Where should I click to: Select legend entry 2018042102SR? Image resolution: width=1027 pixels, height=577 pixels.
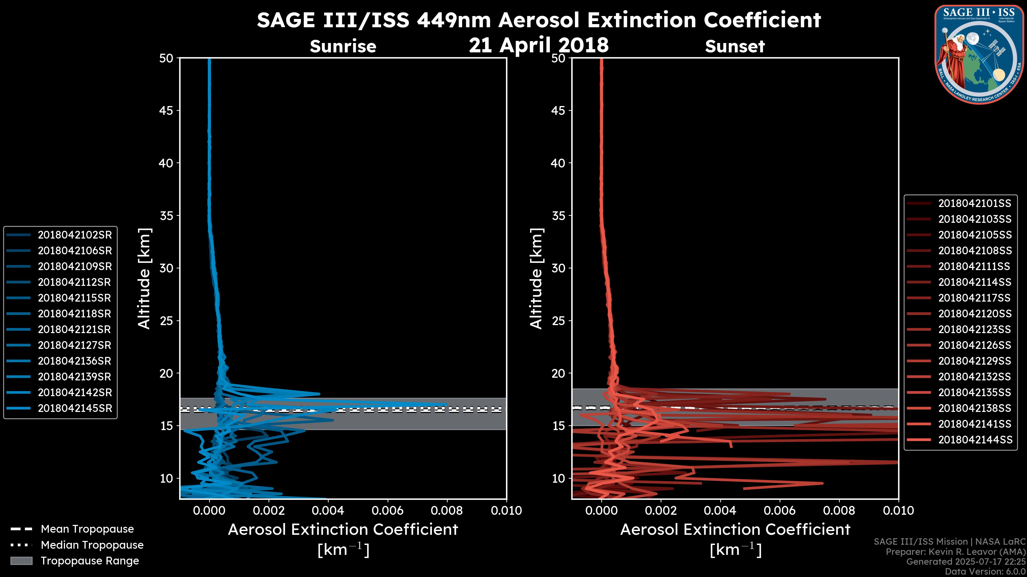(75, 235)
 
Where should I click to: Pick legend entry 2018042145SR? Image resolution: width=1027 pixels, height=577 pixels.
(75, 408)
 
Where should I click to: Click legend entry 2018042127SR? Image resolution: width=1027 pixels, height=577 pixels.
(75, 345)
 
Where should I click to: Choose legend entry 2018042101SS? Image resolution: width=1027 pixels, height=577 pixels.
(974, 204)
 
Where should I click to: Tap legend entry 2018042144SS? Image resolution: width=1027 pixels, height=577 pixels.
(974, 440)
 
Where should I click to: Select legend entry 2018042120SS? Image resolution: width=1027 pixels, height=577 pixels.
(974, 314)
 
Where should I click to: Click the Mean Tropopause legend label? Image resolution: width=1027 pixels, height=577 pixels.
(87, 529)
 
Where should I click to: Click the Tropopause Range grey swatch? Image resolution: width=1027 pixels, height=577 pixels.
(21, 561)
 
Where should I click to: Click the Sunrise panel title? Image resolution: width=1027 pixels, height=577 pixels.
(343, 46)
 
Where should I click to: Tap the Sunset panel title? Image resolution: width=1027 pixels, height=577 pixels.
(735, 46)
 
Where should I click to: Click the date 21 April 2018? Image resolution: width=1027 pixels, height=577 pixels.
(539, 45)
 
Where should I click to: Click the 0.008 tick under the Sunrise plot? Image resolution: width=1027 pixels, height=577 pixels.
(447, 510)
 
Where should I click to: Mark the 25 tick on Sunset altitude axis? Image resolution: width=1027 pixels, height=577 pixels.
(558, 321)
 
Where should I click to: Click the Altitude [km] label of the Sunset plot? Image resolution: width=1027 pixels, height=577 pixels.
(536, 279)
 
